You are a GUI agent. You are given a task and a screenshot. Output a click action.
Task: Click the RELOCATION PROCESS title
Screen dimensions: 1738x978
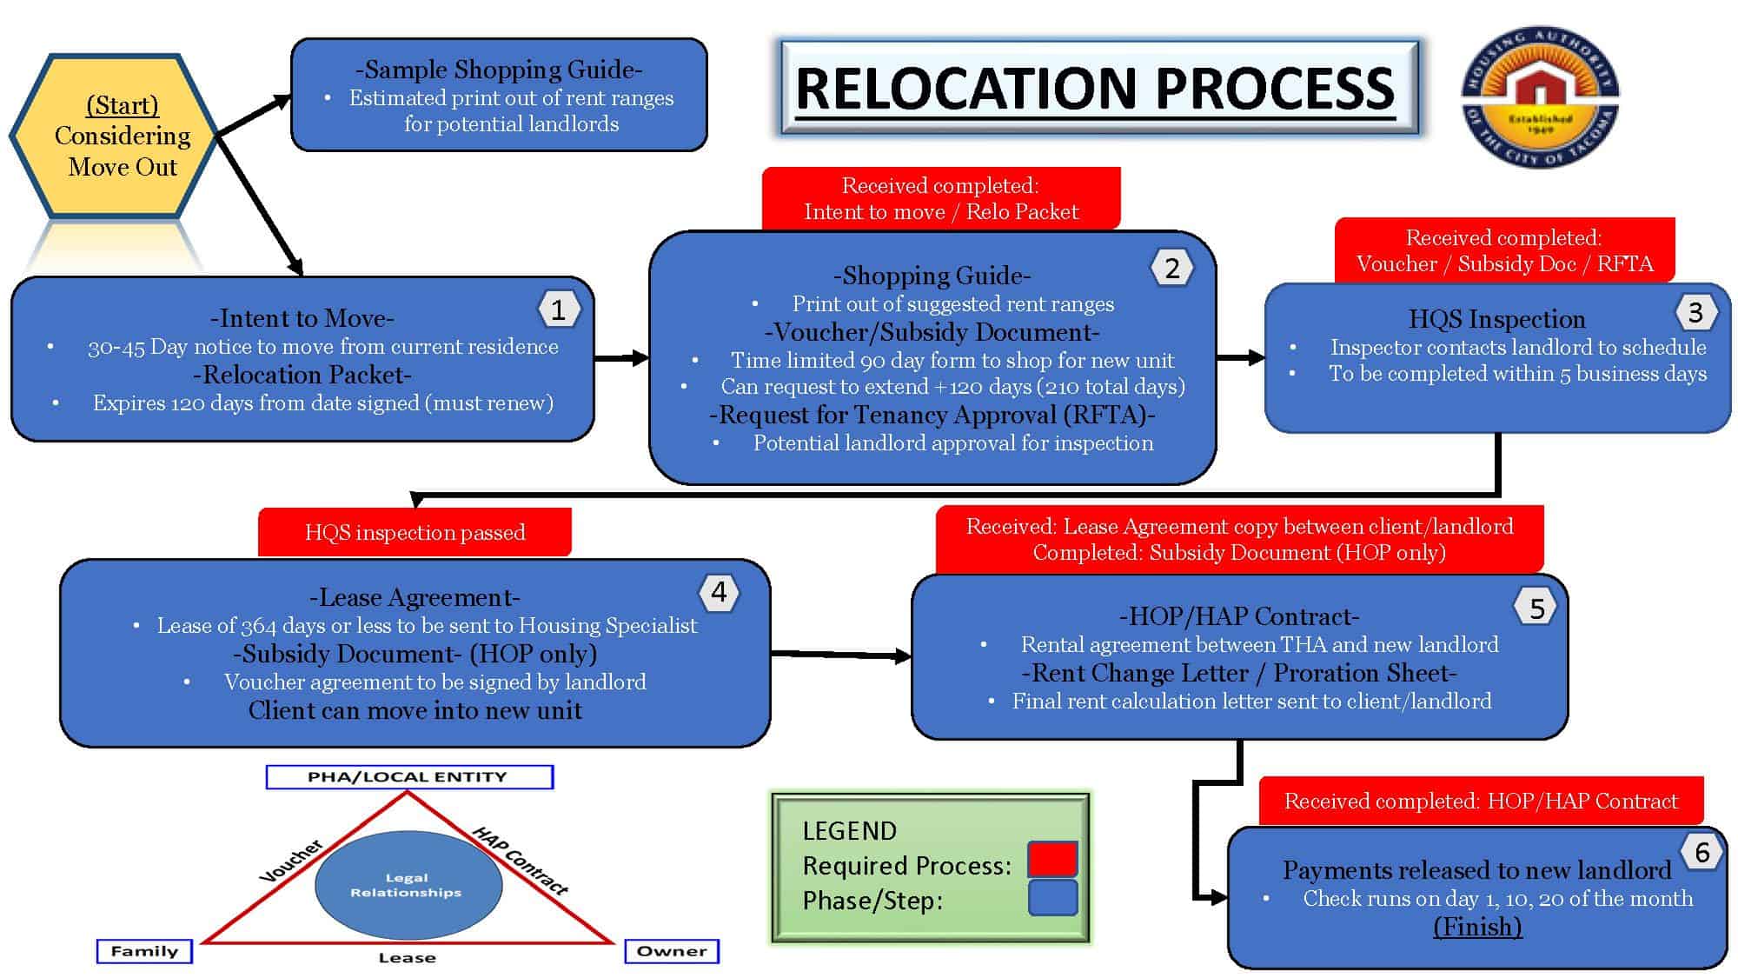point(1098,87)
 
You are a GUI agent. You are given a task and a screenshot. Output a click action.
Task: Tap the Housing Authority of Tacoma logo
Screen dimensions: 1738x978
point(1540,96)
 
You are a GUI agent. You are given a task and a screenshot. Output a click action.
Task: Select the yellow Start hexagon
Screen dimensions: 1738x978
point(114,136)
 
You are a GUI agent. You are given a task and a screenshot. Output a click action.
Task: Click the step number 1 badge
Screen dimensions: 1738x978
point(558,309)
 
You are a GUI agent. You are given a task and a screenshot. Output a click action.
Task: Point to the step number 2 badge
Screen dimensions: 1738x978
point(1171,268)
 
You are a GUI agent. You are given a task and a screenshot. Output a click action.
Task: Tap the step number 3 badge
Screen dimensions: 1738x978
point(1695,312)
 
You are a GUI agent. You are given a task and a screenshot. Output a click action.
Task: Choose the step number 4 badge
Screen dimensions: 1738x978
point(719,592)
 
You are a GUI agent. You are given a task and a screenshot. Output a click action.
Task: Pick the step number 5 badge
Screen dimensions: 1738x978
point(1536,609)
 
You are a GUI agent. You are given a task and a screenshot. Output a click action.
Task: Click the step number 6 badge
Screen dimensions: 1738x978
point(1702,853)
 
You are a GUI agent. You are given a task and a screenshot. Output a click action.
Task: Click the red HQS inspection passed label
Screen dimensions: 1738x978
point(415,532)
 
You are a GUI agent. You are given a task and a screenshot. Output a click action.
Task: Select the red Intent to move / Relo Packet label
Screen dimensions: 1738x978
point(941,198)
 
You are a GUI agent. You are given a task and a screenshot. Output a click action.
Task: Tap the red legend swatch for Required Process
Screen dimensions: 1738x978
point(1052,859)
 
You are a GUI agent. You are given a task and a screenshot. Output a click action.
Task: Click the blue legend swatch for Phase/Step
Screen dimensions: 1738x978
point(1052,898)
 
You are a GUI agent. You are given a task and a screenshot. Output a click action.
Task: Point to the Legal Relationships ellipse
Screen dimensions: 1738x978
point(408,885)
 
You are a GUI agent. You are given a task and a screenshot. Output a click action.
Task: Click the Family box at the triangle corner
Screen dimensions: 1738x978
point(144,951)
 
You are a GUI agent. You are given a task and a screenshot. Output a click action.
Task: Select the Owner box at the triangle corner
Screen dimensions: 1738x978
point(672,951)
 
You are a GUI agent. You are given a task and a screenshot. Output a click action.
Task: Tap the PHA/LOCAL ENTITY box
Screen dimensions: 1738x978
point(409,776)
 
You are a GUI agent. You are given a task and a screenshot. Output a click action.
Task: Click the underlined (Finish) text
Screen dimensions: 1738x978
point(1477,927)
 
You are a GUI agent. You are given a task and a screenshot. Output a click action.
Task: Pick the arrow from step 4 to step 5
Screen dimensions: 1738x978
point(841,655)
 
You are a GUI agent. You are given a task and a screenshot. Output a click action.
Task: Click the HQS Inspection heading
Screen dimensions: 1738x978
point(1496,319)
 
